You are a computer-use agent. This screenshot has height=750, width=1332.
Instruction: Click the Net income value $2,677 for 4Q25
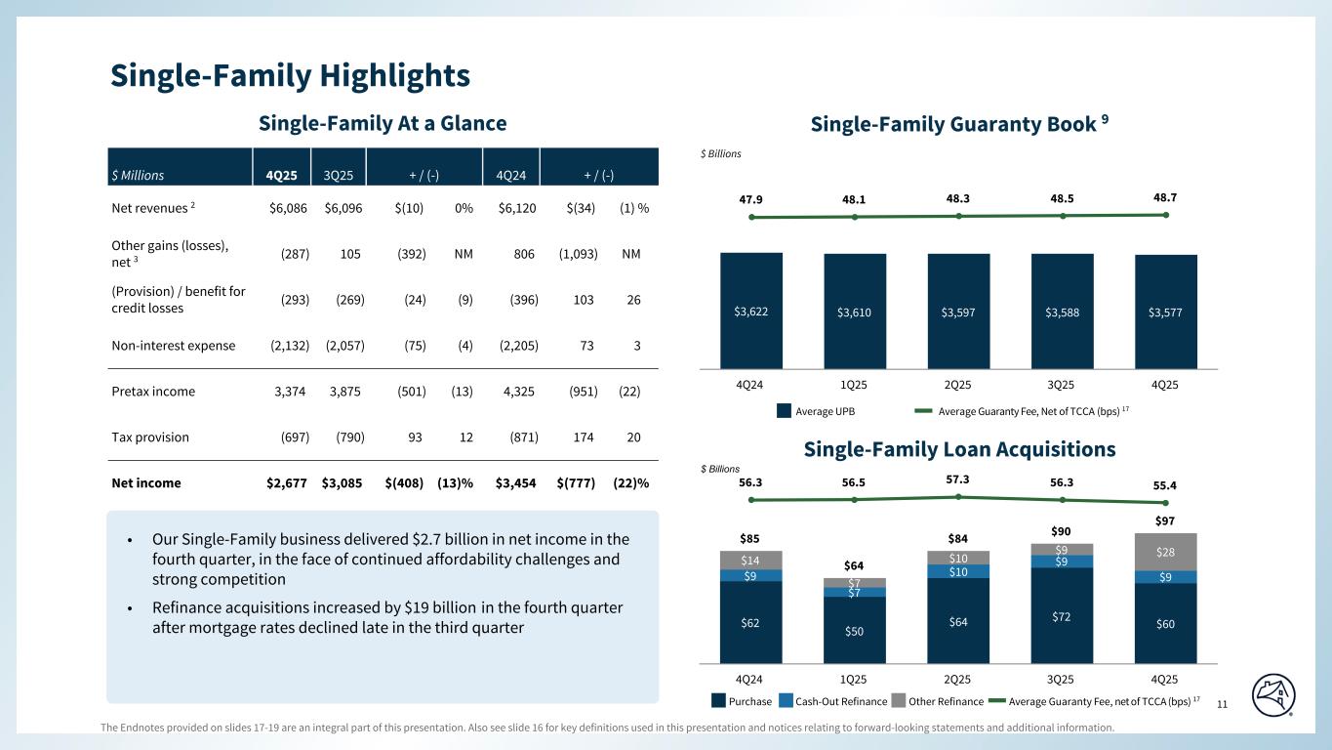point(288,482)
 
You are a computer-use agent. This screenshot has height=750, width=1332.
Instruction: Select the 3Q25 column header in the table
point(339,176)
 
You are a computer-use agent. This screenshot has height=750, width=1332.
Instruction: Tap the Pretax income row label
point(153,392)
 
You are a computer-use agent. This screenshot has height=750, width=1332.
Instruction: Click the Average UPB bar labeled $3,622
point(751,310)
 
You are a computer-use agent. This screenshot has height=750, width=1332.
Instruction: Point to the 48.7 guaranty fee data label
point(1164,197)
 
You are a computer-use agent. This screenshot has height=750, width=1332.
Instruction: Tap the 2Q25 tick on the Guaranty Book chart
point(958,384)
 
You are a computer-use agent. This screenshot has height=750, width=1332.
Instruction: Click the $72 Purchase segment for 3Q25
point(1063,615)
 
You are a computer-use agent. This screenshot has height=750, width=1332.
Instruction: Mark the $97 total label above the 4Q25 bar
point(1166,521)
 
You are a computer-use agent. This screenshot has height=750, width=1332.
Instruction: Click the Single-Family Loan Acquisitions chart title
point(959,449)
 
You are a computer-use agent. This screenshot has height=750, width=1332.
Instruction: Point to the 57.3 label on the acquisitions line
point(958,479)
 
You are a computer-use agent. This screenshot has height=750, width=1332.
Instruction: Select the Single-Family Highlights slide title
point(290,74)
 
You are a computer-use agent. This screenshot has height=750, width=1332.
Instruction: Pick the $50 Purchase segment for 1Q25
point(855,630)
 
